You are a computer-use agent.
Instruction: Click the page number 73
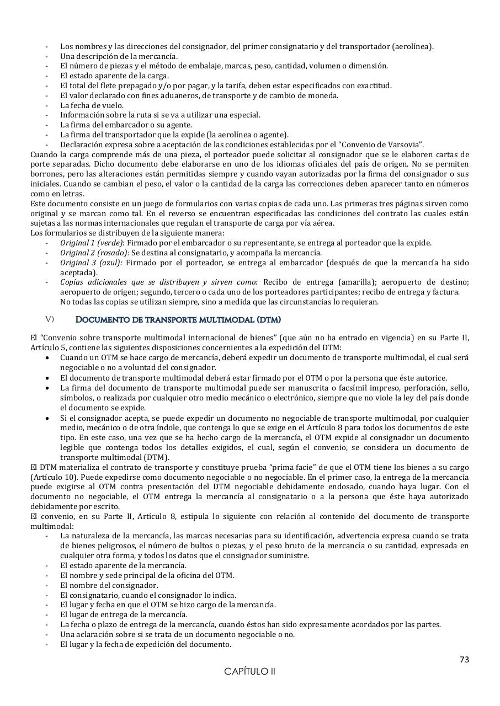click(x=464, y=660)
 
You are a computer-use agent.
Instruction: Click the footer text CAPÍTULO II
click(x=249, y=671)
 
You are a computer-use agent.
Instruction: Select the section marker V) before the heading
click(x=50, y=319)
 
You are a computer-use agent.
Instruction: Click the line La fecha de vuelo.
click(x=92, y=105)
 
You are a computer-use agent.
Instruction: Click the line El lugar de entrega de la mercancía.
click(x=124, y=614)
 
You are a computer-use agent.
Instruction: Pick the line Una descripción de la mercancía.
click(x=119, y=56)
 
